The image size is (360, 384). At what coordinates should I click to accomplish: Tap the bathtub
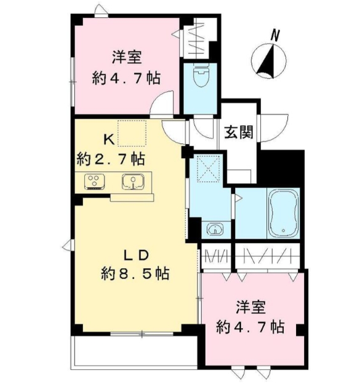coord(283,212)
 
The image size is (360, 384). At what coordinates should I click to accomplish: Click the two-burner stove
coord(95,181)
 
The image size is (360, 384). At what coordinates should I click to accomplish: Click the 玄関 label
coord(237,133)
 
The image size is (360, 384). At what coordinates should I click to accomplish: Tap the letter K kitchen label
coord(109,139)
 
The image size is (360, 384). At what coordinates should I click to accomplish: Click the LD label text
coord(135,255)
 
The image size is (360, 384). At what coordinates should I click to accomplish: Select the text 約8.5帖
coord(135,273)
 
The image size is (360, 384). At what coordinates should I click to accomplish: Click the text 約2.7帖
coord(111,159)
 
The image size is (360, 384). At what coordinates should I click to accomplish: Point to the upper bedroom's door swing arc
coord(163,102)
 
